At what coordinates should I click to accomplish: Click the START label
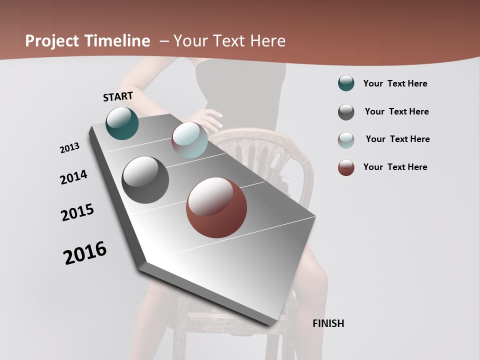tap(118, 96)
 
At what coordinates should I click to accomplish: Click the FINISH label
tap(328, 323)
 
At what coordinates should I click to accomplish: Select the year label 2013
tap(69, 148)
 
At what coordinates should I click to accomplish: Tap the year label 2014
tap(73, 177)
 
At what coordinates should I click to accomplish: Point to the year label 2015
tap(77, 212)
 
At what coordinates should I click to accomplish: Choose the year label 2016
tap(85, 252)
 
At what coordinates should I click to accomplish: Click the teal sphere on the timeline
tap(122, 123)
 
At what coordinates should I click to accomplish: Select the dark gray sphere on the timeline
tap(145, 180)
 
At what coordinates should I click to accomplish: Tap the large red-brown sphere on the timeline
tap(216, 207)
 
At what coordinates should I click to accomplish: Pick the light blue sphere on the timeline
tap(189, 140)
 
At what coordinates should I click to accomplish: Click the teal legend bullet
tap(346, 83)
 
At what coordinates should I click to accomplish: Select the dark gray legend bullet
tap(346, 112)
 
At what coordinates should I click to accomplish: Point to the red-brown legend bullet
tap(346, 167)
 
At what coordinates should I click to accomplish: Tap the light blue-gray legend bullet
tap(346, 139)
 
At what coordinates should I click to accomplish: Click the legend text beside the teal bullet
tap(395, 83)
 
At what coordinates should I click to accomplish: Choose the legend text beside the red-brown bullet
tap(395, 167)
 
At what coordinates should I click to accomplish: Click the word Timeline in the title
tap(117, 41)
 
